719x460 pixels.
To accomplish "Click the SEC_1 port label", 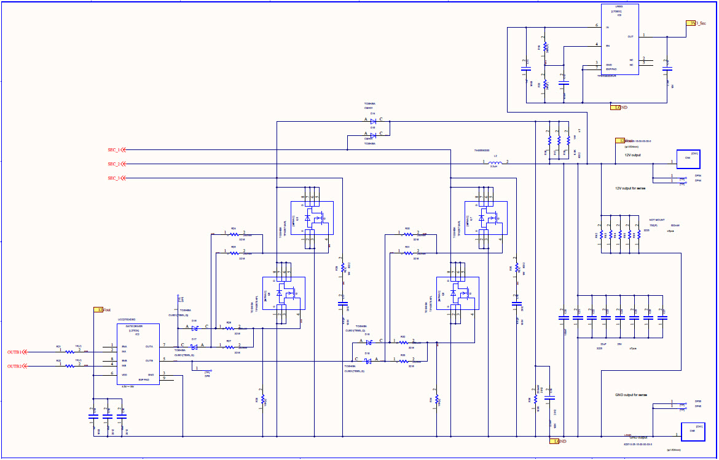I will [x=113, y=149].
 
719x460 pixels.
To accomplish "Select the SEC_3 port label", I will [x=113, y=178].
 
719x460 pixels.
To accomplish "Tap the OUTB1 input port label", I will [x=14, y=352].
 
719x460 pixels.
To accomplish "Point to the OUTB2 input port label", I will [x=14, y=366].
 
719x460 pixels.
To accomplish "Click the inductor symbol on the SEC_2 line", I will [x=495, y=164].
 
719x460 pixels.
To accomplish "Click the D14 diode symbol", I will [x=373, y=121].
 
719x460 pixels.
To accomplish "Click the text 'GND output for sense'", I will [x=631, y=395].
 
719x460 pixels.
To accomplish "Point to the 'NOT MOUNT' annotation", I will [x=657, y=220].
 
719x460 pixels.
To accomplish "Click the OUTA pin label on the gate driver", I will [x=149, y=346].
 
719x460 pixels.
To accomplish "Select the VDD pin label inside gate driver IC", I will [x=125, y=374].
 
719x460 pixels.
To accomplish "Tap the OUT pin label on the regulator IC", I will [x=630, y=36].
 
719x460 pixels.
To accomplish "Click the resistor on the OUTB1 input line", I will [x=69, y=352].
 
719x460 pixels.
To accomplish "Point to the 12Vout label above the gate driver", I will [x=101, y=310].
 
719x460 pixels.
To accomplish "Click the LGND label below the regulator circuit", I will [x=619, y=108].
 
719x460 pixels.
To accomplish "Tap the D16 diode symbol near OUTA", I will [x=194, y=328].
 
